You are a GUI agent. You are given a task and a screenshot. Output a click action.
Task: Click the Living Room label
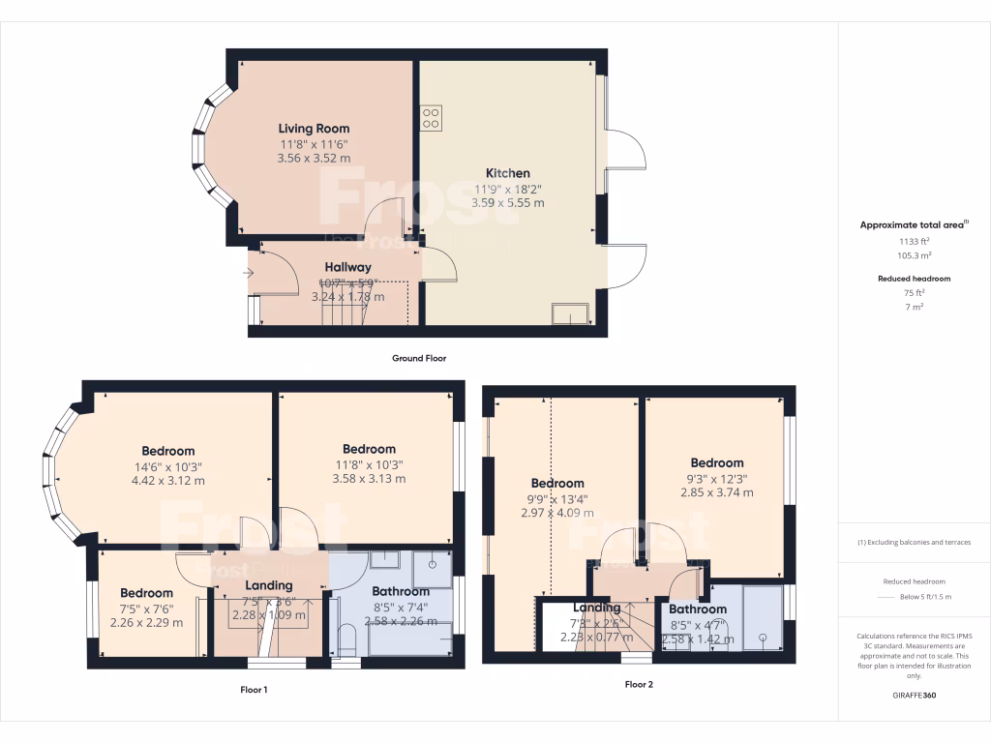[x=314, y=129]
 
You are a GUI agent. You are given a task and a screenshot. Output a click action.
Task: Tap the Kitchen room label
[x=507, y=173]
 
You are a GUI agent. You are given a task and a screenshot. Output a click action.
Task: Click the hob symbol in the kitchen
[x=431, y=118]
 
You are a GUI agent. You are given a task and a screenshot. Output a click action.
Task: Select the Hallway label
[x=347, y=267]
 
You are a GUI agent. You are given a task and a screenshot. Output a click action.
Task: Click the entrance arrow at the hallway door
[x=249, y=274]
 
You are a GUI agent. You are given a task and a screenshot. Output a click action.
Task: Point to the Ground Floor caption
[x=418, y=358]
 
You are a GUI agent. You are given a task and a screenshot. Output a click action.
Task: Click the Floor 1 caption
[x=254, y=690]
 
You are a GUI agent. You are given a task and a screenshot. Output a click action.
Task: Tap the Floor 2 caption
[x=639, y=684]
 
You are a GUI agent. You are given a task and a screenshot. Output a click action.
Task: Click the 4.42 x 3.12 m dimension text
[x=168, y=480]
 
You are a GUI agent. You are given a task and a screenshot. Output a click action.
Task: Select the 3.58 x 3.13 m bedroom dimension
[x=369, y=478]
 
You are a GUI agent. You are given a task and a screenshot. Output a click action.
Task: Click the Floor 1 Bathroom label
[x=401, y=591]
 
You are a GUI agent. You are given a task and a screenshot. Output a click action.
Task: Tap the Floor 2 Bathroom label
[x=697, y=609]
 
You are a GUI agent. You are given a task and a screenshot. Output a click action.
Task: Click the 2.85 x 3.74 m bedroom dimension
[x=717, y=492]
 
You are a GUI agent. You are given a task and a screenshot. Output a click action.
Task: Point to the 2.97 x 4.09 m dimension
[x=557, y=513]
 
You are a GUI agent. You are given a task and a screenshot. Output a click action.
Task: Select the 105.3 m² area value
[x=914, y=256]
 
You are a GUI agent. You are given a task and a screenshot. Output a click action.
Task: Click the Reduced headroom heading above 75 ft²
[x=914, y=279]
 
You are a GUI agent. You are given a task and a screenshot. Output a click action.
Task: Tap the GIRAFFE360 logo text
[x=915, y=695]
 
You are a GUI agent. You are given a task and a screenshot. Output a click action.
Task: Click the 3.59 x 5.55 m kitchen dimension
[x=507, y=203]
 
